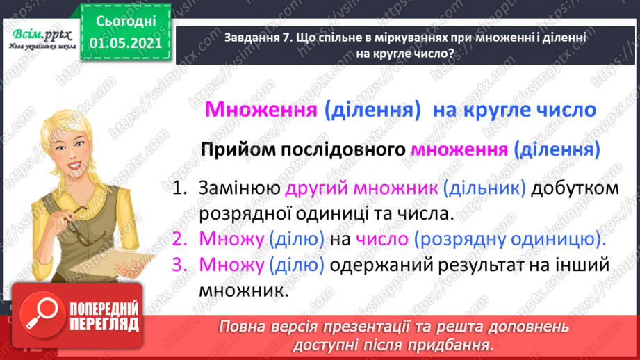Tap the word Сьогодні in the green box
[x=127, y=22]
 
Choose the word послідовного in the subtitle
[x=345, y=149]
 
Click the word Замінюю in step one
[x=239, y=188]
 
